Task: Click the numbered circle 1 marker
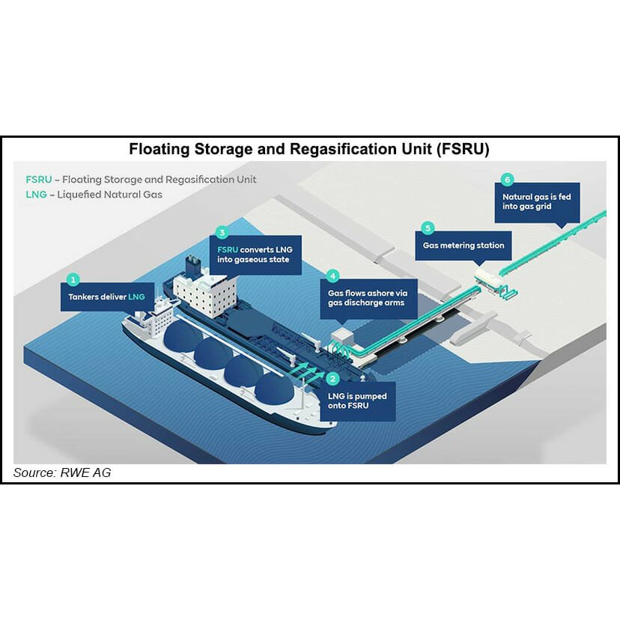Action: pos(73,279)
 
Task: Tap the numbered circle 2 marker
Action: pos(334,379)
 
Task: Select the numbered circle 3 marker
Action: pos(221,233)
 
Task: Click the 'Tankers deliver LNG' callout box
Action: pos(106,297)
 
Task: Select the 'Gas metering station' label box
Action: pos(464,246)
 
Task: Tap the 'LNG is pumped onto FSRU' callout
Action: pos(357,401)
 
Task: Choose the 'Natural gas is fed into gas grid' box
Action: pos(536,202)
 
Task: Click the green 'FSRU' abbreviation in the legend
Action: pos(40,180)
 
